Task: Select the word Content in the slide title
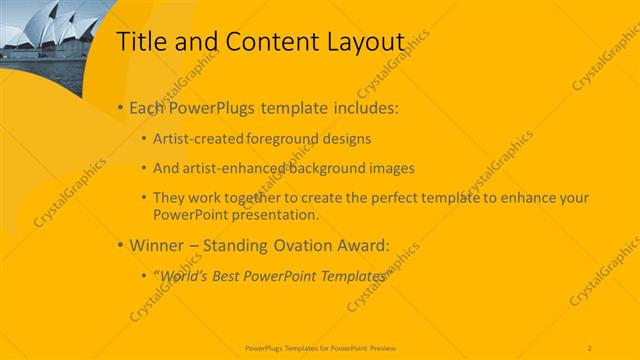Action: coord(263,42)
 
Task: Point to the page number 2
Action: coord(590,346)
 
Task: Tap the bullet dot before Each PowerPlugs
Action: coord(120,107)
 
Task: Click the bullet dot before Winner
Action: coord(120,245)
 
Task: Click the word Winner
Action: coord(159,245)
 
